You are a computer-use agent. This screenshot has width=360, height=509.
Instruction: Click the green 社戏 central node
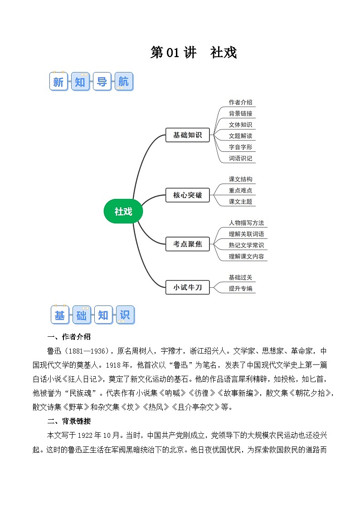pyautogui.click(x=123, y=211)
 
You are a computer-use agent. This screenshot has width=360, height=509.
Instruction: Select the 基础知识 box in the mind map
pyautogui.click(x=187, y=135)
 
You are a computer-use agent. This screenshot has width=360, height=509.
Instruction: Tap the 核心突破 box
pyautogui.click(x=187, y=196)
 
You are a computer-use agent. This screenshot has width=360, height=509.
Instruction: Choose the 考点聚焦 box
pyautogui.click(x=187, y=244)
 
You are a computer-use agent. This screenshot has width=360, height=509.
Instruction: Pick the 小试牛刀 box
pyautogui.click(x=187, y=287)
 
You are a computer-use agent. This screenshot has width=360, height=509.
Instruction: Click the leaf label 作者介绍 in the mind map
pyautogui.click(x=240, y=102)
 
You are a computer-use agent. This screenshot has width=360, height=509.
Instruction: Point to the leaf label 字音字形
pyautogui.click(x=240, y=147)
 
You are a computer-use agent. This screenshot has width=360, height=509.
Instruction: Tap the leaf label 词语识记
pyautogui.click(x=240, y=159)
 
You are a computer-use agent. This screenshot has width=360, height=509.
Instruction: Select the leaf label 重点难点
pyautogui.click(x=240, y=190)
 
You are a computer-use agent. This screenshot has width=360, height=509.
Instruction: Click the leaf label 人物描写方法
pyautogui.click(x=246, y=223)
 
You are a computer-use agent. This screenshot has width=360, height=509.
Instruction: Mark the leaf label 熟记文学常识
pyautogui.click(x=246, y=245)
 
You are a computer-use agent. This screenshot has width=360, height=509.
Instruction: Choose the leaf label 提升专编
pyautogui.click(x=240, y=288)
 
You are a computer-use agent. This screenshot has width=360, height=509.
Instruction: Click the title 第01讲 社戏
pyautogui.click(x=194, y=53)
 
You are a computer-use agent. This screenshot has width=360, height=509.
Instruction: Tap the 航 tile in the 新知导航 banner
pyautogui.click(x=123, y=82)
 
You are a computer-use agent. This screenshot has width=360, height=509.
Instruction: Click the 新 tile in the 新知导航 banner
pyautogui.click(x=58, y=82)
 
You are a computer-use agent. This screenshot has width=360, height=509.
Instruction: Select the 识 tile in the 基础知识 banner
pyautogui.click(x=125, y=315)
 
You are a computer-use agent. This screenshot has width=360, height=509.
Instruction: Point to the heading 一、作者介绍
pyautogui.click(x=69, y=337)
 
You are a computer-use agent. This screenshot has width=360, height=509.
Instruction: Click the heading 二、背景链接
pyautogui.click(x=69, y=421)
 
